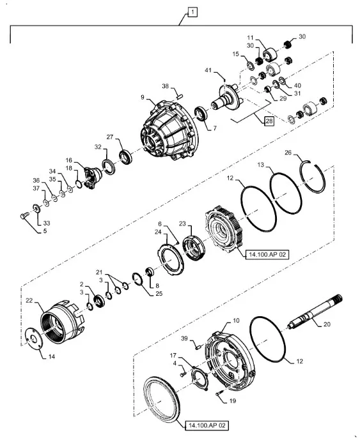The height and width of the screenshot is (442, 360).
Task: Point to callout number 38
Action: pos(164,86)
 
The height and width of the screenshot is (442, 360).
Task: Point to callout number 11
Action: pos(251,38)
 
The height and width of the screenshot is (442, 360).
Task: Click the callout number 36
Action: pos(36,179)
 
